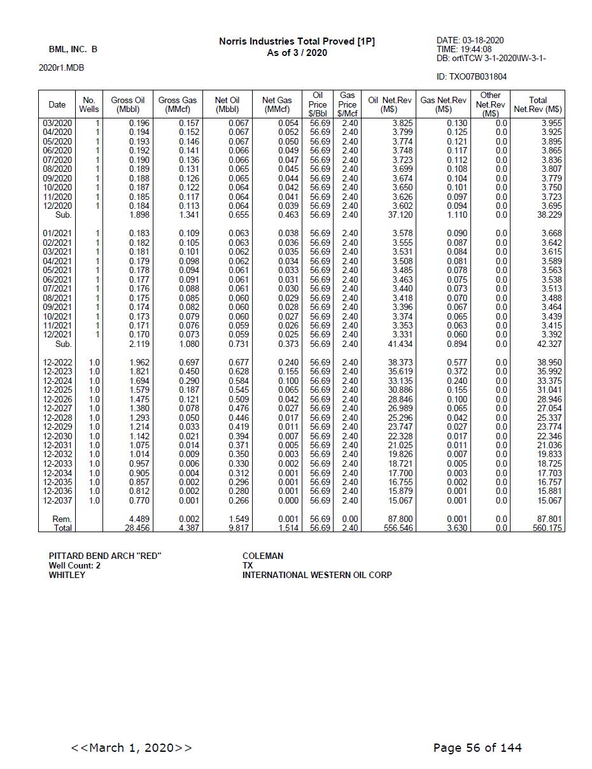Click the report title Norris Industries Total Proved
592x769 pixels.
pos(297,41)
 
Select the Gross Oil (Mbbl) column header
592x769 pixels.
pos(127,104)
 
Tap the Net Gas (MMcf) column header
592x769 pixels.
pos(277,104)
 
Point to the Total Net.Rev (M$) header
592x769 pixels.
pos(537,104)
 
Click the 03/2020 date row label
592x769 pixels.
pos(57,123)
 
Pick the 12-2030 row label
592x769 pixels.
pos(57,436)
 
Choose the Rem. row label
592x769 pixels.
pos(62,519)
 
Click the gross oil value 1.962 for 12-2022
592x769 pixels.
pos(139,362)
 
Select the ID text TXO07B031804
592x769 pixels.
pos(472,77)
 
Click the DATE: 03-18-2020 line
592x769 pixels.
pos(470,41)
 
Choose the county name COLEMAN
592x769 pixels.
pos(263,556)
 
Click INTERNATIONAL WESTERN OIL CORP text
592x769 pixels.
pos(317,575)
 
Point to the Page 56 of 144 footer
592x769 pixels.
pos(477,747)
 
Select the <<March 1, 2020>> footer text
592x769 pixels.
pos(131,747)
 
